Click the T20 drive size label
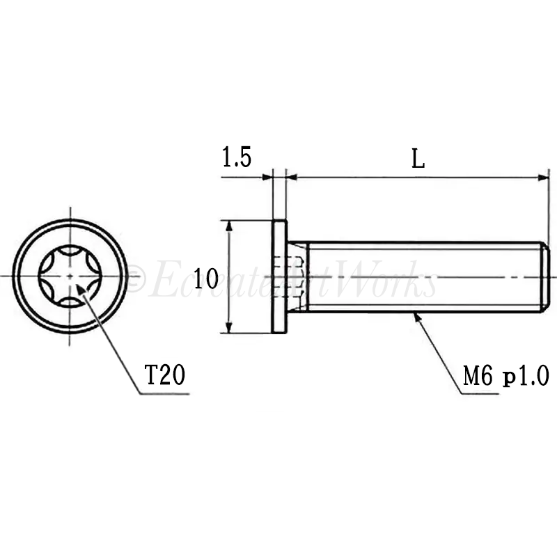coord(165,375)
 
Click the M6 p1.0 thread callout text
coord(506,376)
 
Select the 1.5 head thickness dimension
coord(237,157)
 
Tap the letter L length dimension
coord(418,159)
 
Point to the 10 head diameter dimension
coord(206,278)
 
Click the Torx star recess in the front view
coord(70,276)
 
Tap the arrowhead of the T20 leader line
coord(81,290)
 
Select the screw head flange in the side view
coord(279,276)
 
